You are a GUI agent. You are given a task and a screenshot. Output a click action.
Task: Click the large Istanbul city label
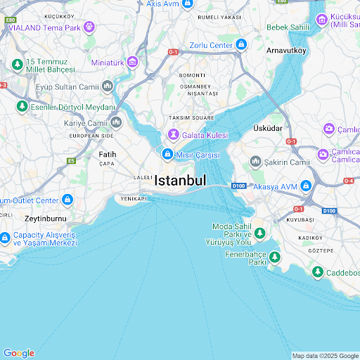pos(180,180)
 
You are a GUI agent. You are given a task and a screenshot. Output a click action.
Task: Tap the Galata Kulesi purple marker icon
pos(172,134)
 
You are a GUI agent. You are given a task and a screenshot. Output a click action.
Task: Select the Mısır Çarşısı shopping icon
pos(167,155)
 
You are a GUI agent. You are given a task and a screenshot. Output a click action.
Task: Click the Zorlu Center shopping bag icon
pos(241,45)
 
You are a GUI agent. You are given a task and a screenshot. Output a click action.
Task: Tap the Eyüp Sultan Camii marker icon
pos(108,86)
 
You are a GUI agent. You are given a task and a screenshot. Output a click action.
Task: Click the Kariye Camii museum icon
pos(116,123)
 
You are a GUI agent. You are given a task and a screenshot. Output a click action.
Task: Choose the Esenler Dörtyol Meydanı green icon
pos(22,107)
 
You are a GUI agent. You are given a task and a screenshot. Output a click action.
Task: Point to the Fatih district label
pos(107,153)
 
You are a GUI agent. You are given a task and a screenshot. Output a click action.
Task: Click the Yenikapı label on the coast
pos(134,199)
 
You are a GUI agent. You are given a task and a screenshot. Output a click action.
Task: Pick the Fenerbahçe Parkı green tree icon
pos(274,257)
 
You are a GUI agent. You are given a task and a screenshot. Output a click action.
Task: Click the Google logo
pos(19,353)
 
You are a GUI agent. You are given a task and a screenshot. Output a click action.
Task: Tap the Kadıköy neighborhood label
pos(310,238)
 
